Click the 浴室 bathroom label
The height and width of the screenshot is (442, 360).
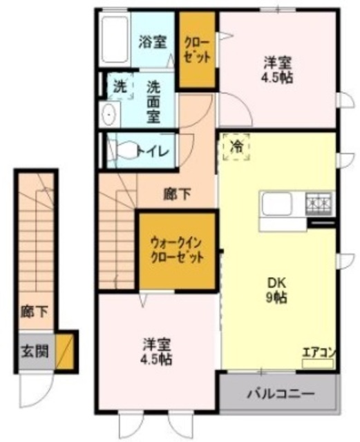pos(152,41)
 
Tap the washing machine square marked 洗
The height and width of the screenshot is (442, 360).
pos(120,88)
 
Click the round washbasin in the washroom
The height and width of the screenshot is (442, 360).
pos(108,115)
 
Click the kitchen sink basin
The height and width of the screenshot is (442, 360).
pos(278,204)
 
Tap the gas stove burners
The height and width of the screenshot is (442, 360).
pos(319,203)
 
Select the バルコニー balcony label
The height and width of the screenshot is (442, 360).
pos(276,395)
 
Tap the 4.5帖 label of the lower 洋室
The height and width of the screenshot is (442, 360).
pos(158,352)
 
